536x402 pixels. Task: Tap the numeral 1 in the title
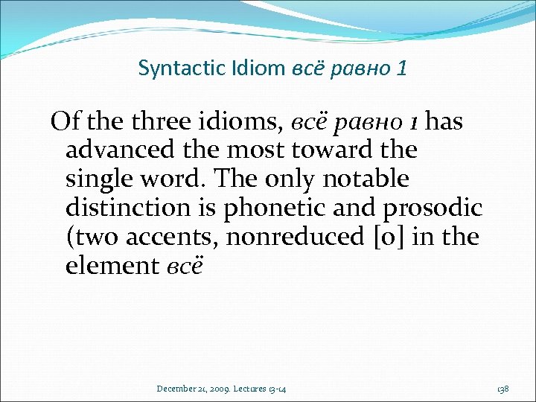[x=402, y=69]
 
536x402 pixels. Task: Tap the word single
[x=97, y=179]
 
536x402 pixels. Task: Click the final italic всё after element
[x=183, y=266]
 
